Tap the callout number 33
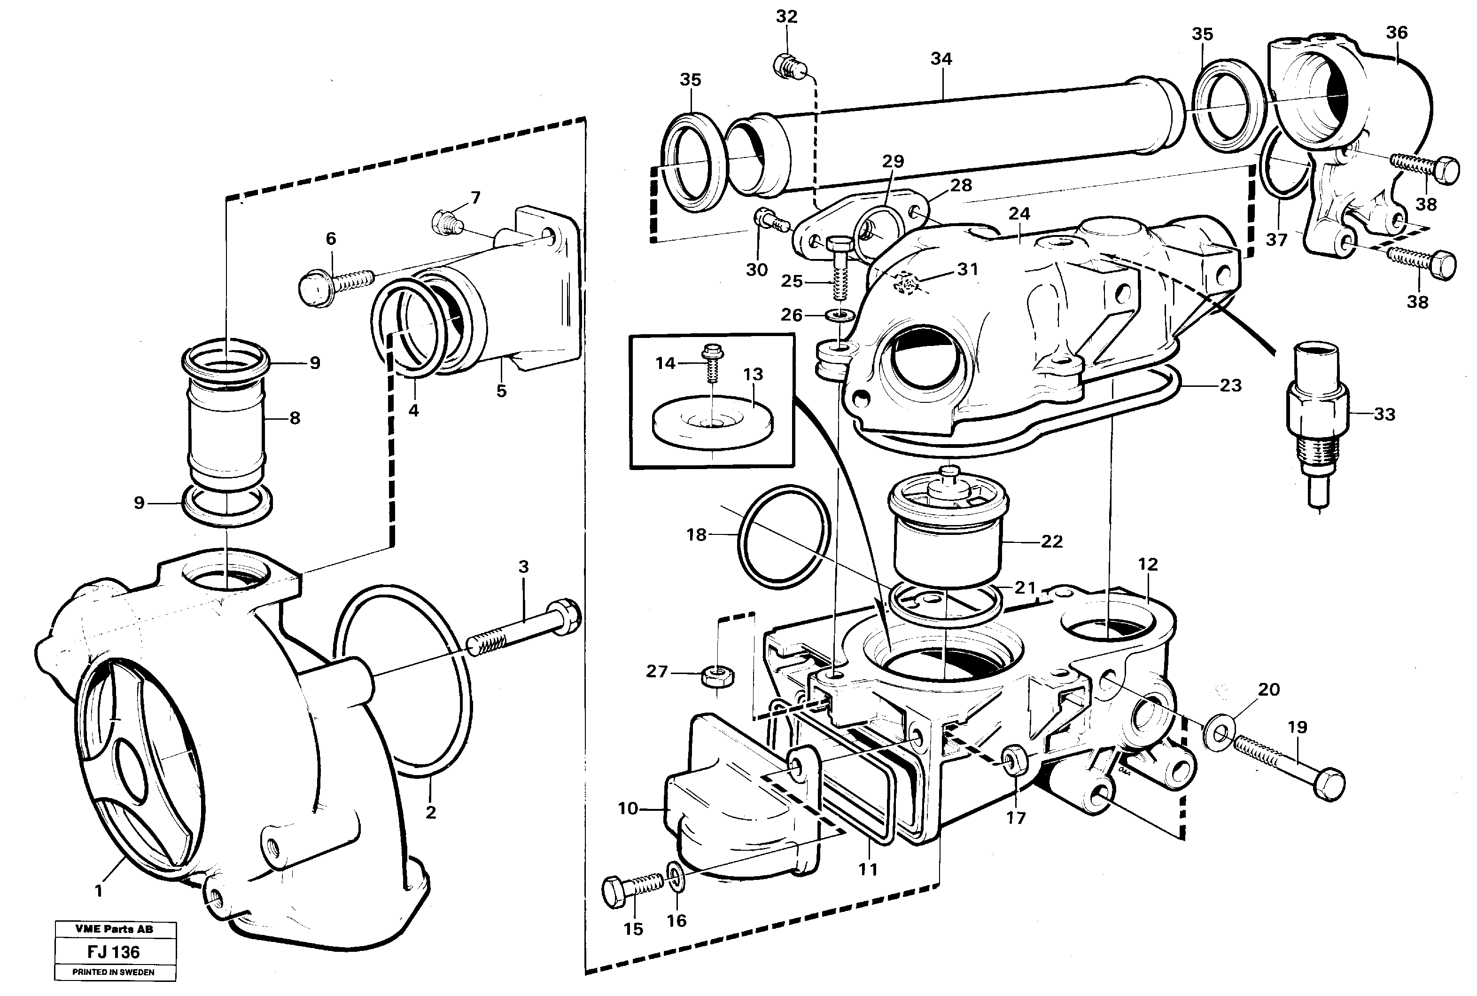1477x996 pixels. point(1384,415)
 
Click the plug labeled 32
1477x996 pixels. point(788,65)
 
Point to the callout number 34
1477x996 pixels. point(941,59)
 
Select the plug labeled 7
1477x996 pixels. point(447,222)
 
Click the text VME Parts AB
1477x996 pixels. point(114,929)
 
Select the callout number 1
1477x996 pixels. point(98,891)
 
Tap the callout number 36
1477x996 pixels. point(1396,32)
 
